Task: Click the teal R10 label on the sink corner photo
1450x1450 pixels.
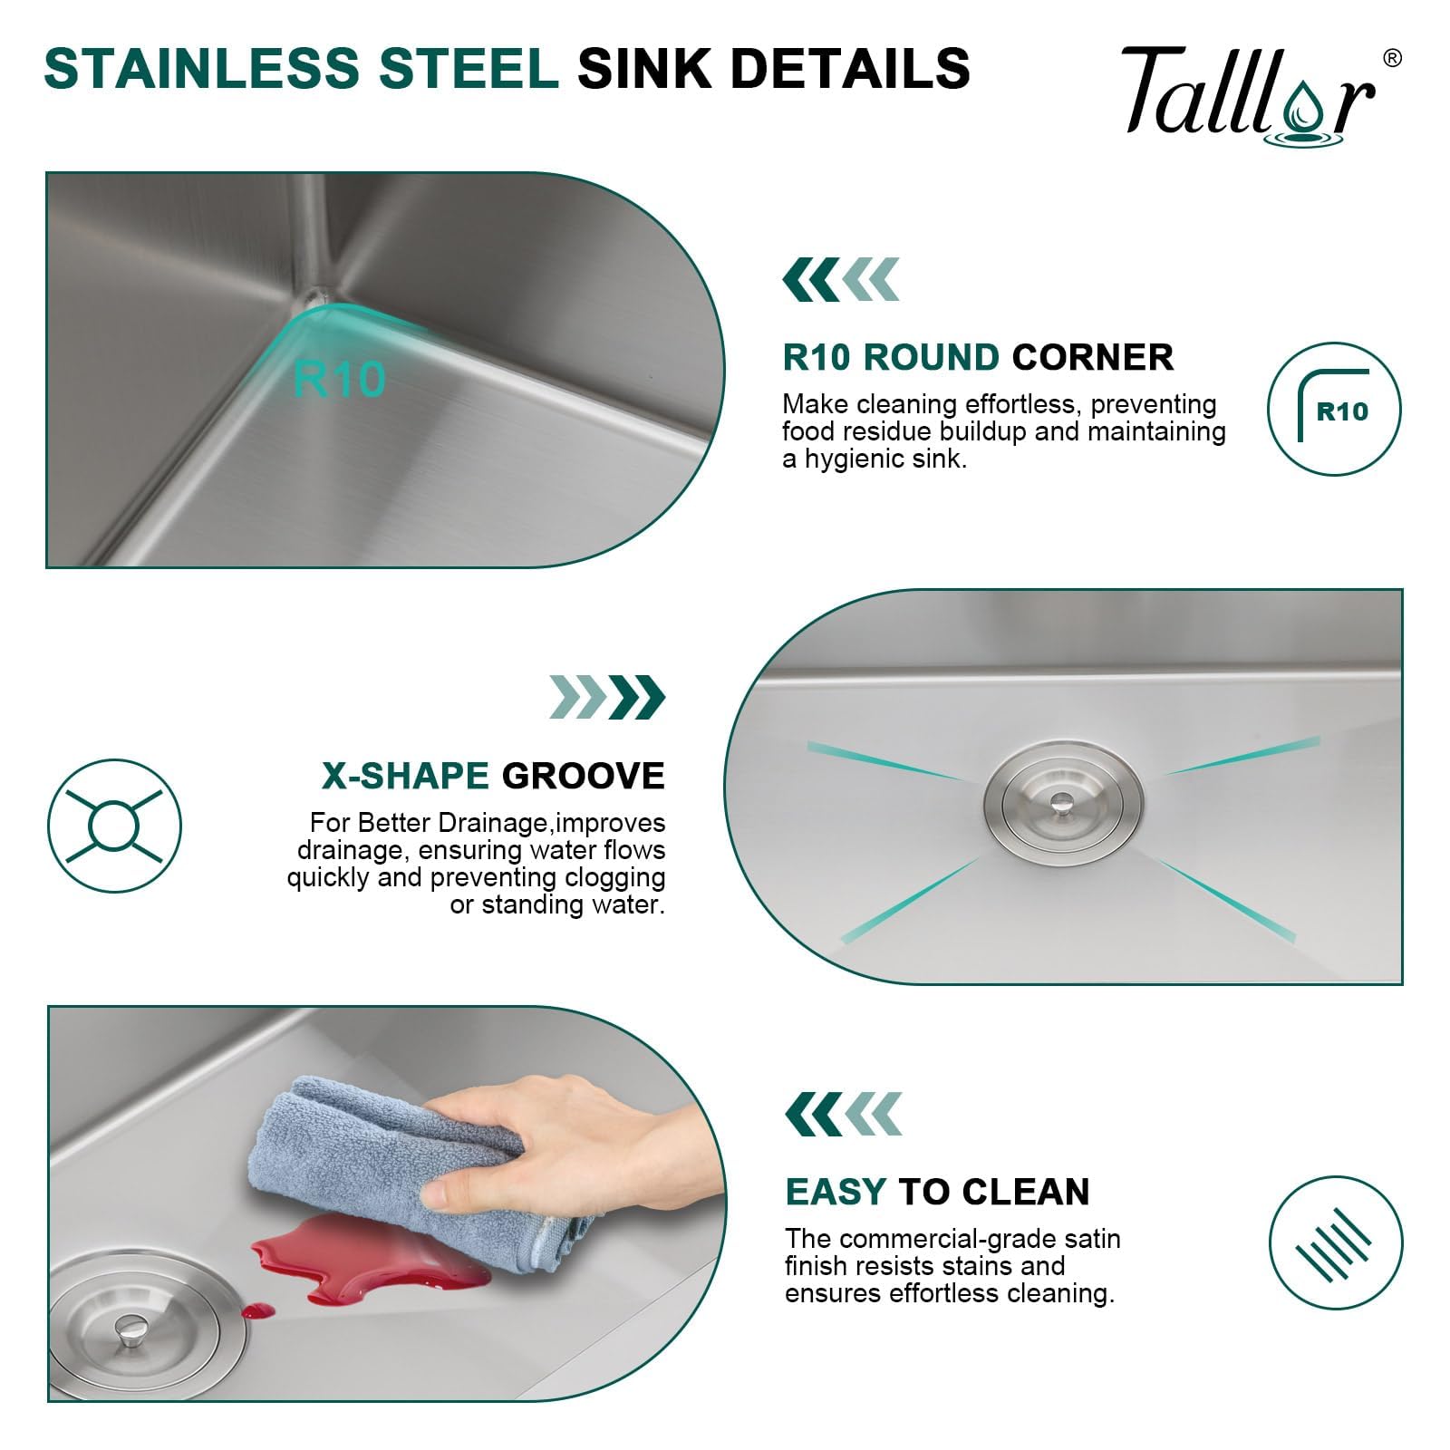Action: click(340, 379)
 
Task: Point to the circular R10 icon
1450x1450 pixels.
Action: click(1334, 409)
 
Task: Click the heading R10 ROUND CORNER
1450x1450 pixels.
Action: click(978, 357)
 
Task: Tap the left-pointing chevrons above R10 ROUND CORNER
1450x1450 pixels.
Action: click(841, 279)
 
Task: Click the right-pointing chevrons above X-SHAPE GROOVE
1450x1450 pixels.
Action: click(607, 697)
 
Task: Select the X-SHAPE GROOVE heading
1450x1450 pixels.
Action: click(493, 776)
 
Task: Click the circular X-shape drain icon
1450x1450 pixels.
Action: click(115, 826)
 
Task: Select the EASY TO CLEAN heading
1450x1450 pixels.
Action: click(937, 1192)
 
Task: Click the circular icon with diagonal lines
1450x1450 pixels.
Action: click(1335, 1242)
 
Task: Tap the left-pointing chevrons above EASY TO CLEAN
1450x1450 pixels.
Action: click(843, 1114)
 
